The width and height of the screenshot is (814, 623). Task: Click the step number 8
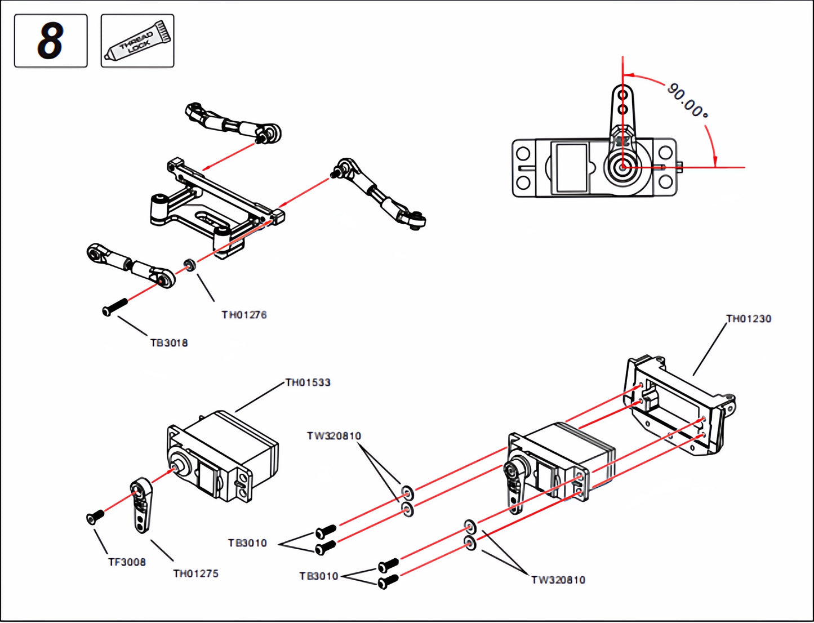[x=51, y=41]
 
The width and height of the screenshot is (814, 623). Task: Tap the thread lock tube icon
[x=137, y=41]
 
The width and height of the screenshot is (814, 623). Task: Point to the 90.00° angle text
[x=687, y=100]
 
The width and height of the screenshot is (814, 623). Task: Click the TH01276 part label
[x=244, y=315]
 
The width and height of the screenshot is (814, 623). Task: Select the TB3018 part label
[x=169, y=342]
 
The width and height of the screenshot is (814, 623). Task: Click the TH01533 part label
[x=308, y=382]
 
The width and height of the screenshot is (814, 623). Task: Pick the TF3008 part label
[x=127, y=562]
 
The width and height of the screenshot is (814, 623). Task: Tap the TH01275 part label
[x=195, y=573]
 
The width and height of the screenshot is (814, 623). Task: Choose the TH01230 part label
[x=749, y=319]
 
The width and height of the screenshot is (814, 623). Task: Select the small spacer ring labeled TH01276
[x=190, y=264]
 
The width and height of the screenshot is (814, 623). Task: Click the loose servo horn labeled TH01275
[x=141, y=505]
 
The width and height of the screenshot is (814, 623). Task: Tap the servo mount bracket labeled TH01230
[x=679, y=406]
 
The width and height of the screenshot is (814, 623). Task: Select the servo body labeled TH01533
[x=225, y=456]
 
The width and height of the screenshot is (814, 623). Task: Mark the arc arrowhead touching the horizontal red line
[x=715, y=162]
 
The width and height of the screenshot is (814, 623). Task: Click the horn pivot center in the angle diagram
[x=622, y=167]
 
